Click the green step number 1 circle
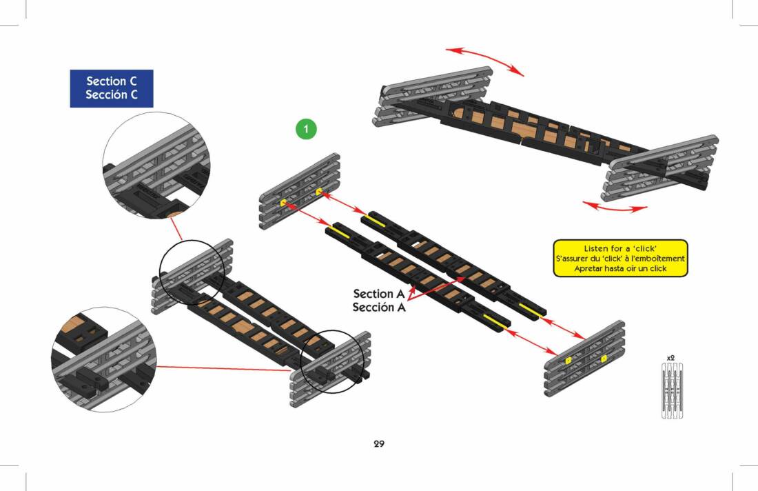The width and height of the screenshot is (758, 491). pyautogui.click(x=306, y=128)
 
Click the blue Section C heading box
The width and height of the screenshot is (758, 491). pyautogui.click(x=112, y=88)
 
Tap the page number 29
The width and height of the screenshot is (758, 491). pyautogui.click(x=379, y=443)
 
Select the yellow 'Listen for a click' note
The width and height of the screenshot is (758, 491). pyautogui.click(x=620, y=258)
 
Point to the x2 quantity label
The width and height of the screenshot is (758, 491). pyautogui.click(x=670, y=358)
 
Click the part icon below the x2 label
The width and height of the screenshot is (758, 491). pyautogui.click(x=670, y=391)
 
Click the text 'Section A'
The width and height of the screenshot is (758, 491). pyautogui.click(x=378, y=294)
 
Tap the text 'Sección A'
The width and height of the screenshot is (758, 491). pyautogui.click(x=378, y=308)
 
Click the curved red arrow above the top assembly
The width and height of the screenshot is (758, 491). pyautogui.click(x=484, y=59)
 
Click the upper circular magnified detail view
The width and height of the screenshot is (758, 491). pyautogui.click(x=156, y=166)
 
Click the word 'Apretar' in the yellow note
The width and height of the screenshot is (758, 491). pyautogui.click(x=590, y=268)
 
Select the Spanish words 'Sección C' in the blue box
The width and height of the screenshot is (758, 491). pyautogui.click(x=112, y=95)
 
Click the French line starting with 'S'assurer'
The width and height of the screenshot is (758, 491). pyautogui.click(x=620, y=259)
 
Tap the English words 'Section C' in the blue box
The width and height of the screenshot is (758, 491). pyautogui.click(x=112, y=81)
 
